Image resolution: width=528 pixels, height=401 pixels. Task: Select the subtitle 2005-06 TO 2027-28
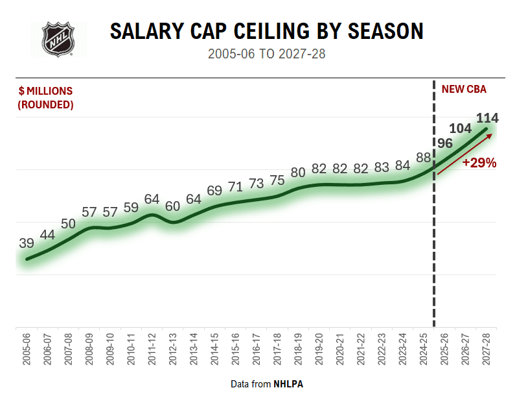point(266,54)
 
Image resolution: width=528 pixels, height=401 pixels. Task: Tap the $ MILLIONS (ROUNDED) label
point(45,97)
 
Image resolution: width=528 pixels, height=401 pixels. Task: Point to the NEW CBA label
point(464,90)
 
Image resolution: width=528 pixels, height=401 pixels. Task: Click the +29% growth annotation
point(479,163)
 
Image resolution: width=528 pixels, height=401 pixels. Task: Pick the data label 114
point(487,118)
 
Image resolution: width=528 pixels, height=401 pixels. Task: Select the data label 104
point(460,128)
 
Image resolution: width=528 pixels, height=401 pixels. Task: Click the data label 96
point(444,143)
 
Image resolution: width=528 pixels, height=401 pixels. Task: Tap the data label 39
point(27,243)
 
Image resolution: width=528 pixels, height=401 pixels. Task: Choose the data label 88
point(424,158)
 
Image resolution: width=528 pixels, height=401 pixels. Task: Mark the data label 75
point(277,180)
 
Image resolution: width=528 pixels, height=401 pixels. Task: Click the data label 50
point(68,224)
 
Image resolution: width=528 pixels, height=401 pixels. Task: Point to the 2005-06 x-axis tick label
point(27,350)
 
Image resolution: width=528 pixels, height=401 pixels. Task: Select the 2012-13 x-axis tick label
point(173,350)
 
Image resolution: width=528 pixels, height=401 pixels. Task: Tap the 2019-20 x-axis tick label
point(319,350)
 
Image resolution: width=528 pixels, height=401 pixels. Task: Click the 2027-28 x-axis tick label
point(487,350)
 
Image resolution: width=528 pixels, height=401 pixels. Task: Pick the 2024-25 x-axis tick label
point(424,350)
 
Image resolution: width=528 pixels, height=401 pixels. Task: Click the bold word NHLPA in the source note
point(288,384)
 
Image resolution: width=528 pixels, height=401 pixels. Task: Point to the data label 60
point(173,206)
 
